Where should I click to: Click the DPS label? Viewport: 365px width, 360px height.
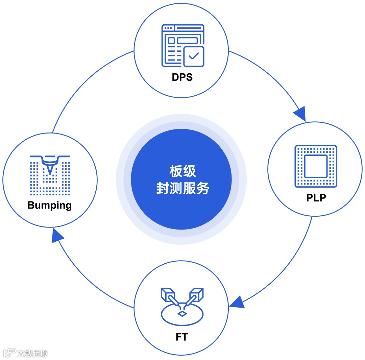click(x=182, y=77)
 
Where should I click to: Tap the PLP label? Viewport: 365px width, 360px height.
click(x=316, y=197)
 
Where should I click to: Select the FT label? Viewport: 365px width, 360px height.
click(x=181, y=337)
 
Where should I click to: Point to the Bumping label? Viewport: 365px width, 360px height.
click(x=50, y=205)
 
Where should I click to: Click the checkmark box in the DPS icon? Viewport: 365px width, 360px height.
click(x=194, y=56)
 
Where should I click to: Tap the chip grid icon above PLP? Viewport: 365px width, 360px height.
click(x=316, y=166)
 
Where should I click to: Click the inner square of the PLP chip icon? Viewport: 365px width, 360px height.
click(x=316, y=166)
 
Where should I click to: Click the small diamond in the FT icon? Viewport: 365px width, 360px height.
click(x=182, y=314)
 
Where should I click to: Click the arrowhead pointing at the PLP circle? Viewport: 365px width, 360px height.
click(x=300, y=114)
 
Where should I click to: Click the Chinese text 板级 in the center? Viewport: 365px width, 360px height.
click(x=182, y=172)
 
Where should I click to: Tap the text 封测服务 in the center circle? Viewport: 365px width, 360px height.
click(x=182, y=188)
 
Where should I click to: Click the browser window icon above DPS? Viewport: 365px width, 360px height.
click(x=182, y=45)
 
